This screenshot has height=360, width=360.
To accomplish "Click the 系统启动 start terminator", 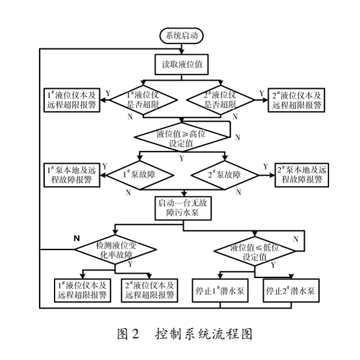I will pyautogui.click(x=182, y=36).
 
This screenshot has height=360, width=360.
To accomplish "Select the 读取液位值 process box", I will pyautogui.click(x=182, y=64).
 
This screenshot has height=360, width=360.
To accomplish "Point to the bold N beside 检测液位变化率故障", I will pyautogui.click(x=77, y=238).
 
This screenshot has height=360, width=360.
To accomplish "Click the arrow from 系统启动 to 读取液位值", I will pyautogui.click(x=182, y=50).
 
